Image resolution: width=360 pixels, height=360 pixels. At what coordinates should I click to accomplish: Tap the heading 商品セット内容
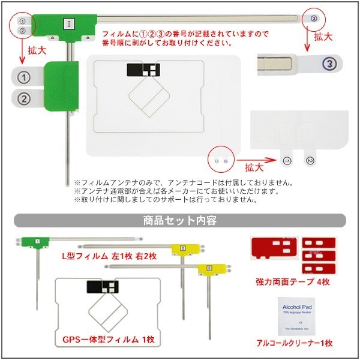(x=179, y=220)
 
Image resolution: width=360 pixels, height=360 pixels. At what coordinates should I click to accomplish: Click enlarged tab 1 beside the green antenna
(x=24, y=77)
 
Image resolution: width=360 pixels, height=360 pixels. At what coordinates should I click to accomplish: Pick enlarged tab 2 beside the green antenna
(x=24, y=98)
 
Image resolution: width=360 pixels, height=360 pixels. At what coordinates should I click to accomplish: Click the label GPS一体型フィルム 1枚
(x=109, y=340)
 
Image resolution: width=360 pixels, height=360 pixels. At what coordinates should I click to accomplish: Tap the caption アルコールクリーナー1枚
(x=293, y=344)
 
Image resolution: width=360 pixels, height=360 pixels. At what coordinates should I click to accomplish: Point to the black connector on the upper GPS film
(x=144, y=71)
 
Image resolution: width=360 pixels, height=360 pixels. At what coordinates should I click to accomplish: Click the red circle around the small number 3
(x=314, y=19)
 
